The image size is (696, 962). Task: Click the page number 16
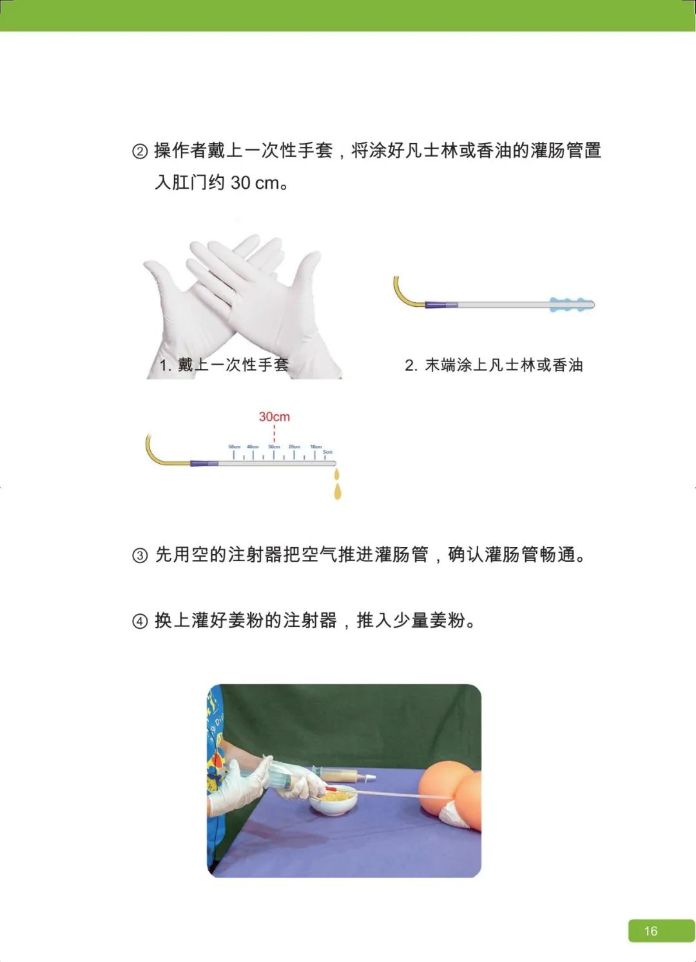pyautogui.click(x=651, y=931)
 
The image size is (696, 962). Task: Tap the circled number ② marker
pyautogui.click(x=140, y=151)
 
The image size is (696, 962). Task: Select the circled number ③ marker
pyautogui.click(x=140, y=555)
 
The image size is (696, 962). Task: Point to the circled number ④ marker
pyautogui.click(x=140, y=622)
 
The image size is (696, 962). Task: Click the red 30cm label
pyautogui.click(x=275, y=417)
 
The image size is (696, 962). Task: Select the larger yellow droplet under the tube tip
pyautogui.click(x=338, y=492)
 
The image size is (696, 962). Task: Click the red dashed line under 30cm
pyautogui.click(x=275, y=433)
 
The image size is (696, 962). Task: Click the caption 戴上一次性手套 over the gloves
pyautogui.click(x=232, y=365)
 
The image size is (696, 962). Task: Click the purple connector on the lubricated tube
pyautogui.click(x=441, y=304)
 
